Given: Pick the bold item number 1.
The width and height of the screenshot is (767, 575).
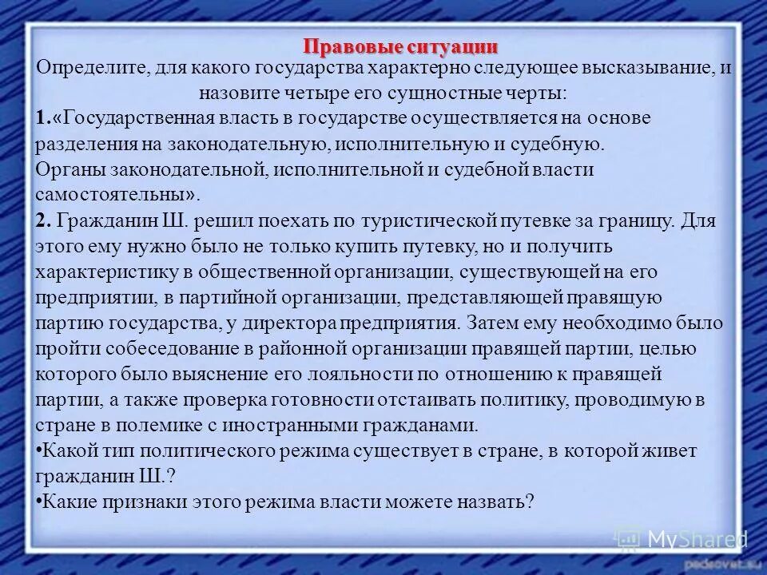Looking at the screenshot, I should click(x=43, y=118).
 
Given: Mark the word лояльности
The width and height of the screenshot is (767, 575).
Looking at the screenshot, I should click(x=372, y=375).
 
